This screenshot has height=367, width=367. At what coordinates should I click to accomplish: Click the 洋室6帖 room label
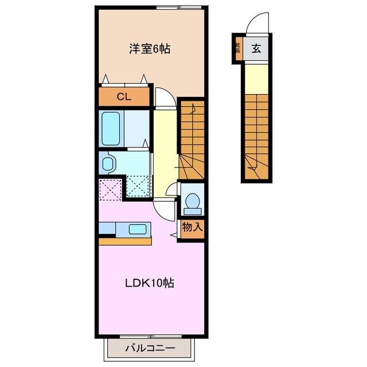[x=149, y=49]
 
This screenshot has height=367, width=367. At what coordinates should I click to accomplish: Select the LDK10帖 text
[x=150, y=282]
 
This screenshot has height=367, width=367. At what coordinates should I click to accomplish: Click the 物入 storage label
[x=192, y=227]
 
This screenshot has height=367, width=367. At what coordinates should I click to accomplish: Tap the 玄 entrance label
[x=256, y=49]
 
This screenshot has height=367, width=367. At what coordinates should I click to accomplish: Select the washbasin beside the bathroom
[x=108, y=164]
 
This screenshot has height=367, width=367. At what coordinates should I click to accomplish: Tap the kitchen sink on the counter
[x=138, y=229]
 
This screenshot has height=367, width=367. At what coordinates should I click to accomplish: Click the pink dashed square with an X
[x=110, y=189]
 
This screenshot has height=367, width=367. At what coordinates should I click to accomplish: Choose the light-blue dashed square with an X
[x=138, y=185]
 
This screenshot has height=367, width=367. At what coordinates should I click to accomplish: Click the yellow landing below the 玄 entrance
[x=257, y=77]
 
